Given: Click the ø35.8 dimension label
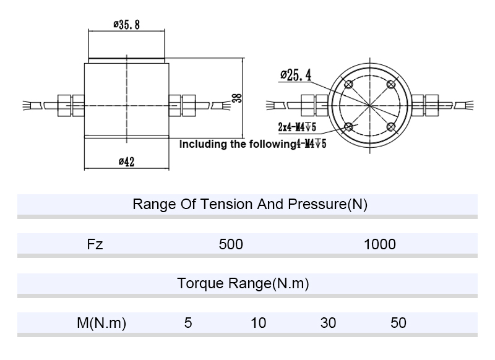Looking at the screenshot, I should pos(126,25).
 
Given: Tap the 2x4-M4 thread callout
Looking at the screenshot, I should pos(297,127).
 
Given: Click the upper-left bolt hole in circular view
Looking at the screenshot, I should pos(348,85).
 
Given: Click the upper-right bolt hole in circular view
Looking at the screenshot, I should pos(390,85).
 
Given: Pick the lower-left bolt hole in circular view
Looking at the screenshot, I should pos(348,127).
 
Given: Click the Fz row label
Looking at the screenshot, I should pos(95,244).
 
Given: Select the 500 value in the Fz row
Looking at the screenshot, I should pos(231,244).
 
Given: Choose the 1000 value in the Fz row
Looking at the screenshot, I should pos(379,244).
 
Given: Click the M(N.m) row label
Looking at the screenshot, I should pos(101,323).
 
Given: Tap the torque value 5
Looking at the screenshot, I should pos(188,323).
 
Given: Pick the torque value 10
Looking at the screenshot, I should pos(259,323).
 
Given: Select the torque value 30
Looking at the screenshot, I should pos(329,323).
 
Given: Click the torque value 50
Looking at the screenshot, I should pos(399,323).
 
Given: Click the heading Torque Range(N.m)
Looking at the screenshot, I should pos(243,284).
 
